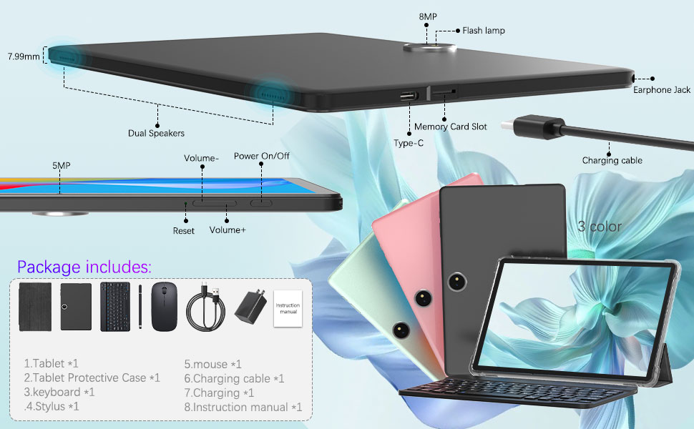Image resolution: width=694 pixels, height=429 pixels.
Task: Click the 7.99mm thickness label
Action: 24,56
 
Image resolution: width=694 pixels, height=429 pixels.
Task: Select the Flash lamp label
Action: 484,31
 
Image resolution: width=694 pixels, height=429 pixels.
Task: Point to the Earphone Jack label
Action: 662,90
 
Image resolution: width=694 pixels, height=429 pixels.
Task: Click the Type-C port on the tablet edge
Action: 409,95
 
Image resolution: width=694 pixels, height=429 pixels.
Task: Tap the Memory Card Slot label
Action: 450,127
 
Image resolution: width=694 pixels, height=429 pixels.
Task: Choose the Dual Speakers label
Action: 156,133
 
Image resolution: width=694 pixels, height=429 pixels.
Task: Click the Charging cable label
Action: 612,161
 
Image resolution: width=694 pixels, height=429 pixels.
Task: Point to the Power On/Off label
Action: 262,156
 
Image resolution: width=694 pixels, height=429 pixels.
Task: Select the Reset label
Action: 184,231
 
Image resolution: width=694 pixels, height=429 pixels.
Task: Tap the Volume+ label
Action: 228,230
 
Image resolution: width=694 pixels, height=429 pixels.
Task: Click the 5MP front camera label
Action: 61,165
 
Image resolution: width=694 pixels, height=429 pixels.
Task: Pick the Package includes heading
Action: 84,267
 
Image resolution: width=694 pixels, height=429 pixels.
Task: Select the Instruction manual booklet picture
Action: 288,308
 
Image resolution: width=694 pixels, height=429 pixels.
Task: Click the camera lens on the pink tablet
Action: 421,295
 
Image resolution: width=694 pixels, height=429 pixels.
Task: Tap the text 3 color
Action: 600,227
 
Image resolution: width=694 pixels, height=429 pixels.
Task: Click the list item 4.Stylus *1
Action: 52,407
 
